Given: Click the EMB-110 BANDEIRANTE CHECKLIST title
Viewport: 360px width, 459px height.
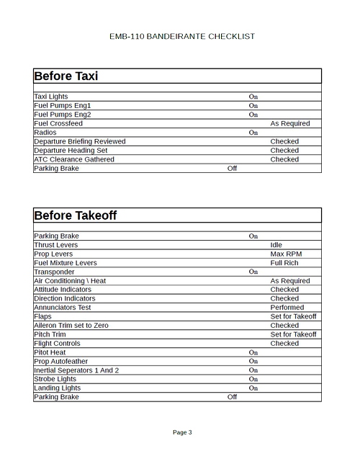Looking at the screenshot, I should click(x=182, y=36).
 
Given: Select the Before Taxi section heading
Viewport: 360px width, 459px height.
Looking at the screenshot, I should click(x=66, y=76).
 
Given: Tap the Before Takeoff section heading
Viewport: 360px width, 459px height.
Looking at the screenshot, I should click(x=75, y=215).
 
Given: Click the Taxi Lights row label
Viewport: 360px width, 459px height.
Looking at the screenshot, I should click(x=50, y=97).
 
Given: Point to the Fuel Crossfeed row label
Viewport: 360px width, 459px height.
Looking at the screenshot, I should click(x=58, y=123).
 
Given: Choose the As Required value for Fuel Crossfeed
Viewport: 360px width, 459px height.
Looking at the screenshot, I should click(x=290, y=123).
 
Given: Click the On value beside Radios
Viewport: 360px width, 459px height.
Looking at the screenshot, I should click(x=253, y=133).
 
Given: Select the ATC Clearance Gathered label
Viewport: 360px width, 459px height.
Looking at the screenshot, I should click(x=74, y=159).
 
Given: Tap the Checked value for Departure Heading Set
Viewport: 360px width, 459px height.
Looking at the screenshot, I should click(x=284, y=151).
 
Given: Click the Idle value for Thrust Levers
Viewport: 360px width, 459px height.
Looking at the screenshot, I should click(x=276, y=245).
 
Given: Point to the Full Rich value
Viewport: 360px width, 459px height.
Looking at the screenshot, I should click(x=284, y=263).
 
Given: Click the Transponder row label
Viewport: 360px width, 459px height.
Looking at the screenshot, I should click(x=54, y=272).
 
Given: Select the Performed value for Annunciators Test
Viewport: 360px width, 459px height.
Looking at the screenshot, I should click(x=287, y=308).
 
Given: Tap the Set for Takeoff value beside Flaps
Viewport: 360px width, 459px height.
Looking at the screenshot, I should click(x=293, y=316).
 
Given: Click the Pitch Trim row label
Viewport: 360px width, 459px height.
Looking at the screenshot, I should click(x=50, y=334).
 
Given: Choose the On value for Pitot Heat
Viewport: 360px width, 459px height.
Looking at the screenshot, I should click(x=253, y=352).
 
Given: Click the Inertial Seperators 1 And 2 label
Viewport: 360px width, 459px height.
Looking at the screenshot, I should click(x=76, y=370).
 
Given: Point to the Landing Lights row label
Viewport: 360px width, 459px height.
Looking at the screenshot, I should click(x=57, y=388).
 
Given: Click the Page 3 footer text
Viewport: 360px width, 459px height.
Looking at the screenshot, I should click(x=182, y=432).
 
